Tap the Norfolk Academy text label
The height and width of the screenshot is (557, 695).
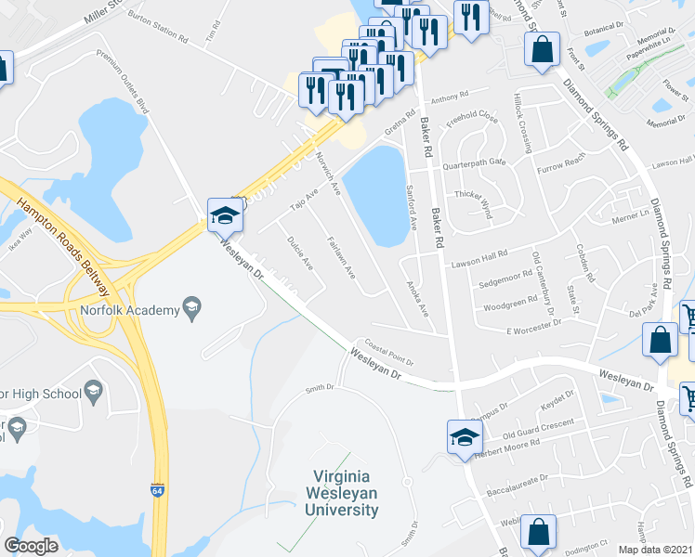tap(128, 311)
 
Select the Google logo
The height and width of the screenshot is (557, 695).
tap(32, 546)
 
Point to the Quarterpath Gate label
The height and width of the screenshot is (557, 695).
tap(474, 162)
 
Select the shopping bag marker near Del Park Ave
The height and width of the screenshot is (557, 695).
tap(660, 341)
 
